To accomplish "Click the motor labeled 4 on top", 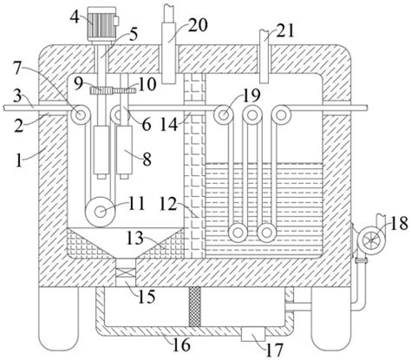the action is coord(102,24).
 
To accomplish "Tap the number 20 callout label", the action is coord(198,24).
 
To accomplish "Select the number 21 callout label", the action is coord(284,30).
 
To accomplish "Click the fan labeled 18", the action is coord(371,239).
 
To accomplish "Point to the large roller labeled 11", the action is coord(100,213).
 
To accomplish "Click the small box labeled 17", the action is coord(253,334).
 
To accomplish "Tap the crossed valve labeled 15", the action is coord(125,272).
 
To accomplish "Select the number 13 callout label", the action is coord(135,239).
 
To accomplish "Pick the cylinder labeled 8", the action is coord(124,153).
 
